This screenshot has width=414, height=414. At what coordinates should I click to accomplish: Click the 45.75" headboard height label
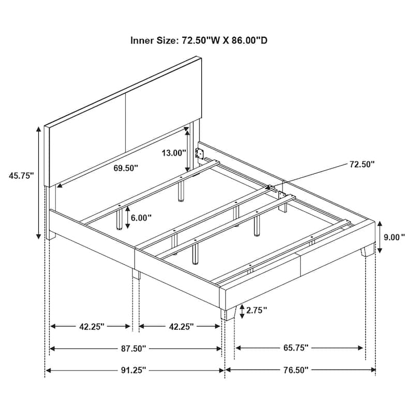pyautogui.click(x=21, y=176)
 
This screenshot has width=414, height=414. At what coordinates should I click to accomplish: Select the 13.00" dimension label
pyautogui.click(x=173, y=153)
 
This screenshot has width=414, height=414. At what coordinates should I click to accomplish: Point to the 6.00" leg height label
pyautogui.click(x=141, y=218)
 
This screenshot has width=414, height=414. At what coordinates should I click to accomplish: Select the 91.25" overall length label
pyautogui.click(x=133, y=370)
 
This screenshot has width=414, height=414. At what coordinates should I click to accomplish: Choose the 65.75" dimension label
pyautogui.click(x=295, y=348)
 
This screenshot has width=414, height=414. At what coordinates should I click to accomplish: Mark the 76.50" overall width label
pyautogui.click(x=295, y=370)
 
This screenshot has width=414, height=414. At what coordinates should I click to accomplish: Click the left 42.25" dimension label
pyautogui.click(x=92, y=327)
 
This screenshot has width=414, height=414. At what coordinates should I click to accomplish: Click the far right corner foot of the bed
pyautogui.click(x=368, y=251)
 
